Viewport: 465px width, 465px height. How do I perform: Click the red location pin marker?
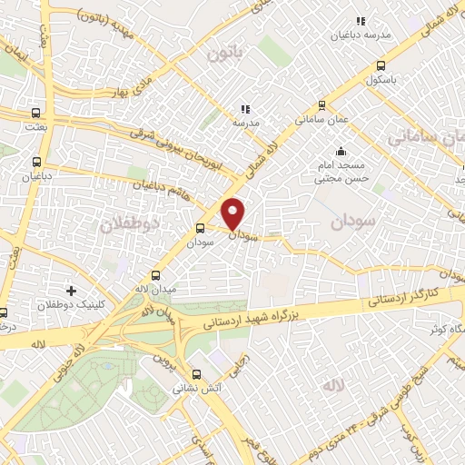click(233, 213)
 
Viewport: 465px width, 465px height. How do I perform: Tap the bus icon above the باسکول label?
click(381, 64)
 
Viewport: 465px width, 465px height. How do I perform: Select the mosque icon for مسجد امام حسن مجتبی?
click(341, 151)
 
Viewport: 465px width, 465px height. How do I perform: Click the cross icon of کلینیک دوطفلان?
click(71, 291)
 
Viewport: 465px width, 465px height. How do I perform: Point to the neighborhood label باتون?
click(225, 54)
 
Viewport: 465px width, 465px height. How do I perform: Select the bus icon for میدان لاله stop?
click(155, 275)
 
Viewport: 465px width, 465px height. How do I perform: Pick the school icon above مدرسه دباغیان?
click(360, 20)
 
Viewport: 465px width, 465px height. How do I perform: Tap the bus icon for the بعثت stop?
click(35, 114)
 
